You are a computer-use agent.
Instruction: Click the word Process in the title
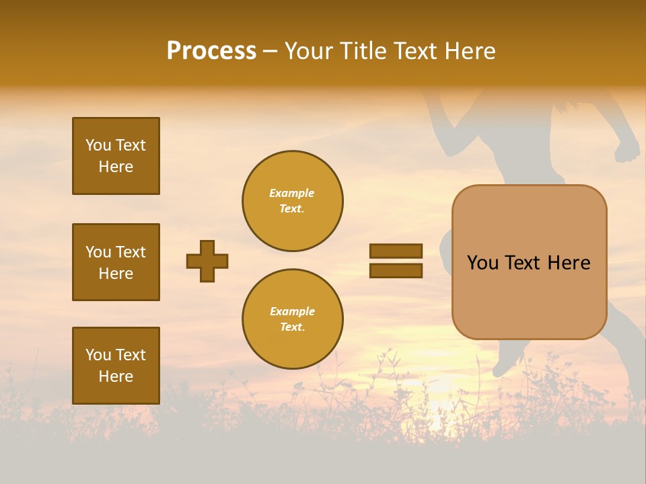click(211, 51)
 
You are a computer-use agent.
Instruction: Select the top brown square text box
click(116, 156)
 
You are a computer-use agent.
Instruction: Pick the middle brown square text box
click(116, 262)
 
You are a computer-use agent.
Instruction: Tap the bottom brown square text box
click(116, 365)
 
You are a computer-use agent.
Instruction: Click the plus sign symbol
click(207, 261)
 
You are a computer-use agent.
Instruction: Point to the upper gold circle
click(292, 200)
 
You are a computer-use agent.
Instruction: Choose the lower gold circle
click(292, 319)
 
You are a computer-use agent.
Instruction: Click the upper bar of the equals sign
click(396, 251)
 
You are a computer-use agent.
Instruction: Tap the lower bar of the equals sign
click(396, 270)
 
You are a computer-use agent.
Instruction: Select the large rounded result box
click(529, 262)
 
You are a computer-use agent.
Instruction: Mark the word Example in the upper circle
click(291, 193)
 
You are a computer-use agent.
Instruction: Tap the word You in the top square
click(98, 145)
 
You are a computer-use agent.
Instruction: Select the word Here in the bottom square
click(116, 376)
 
